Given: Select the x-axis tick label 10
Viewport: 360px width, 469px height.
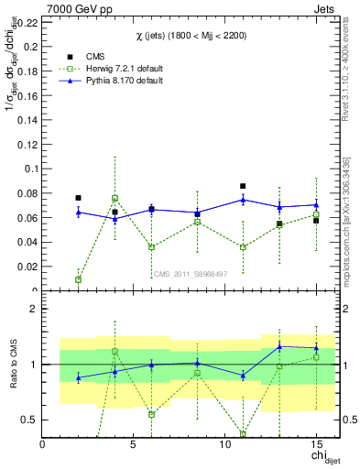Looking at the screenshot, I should click(x=225, y=445).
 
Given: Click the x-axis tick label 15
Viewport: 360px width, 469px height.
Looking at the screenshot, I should click(x=316, y=445).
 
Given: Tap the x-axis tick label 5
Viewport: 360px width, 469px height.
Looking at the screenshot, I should click(x=134, y=445).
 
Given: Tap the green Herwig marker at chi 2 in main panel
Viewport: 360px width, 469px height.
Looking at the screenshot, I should click(x=78, y=279).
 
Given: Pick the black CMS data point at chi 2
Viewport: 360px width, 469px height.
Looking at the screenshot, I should click(x=78, y=198).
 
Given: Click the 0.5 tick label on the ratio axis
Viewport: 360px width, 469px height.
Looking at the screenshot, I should click(x=30, y=420).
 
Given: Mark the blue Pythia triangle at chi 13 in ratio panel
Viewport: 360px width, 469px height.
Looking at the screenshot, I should click(x=279, y=346).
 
